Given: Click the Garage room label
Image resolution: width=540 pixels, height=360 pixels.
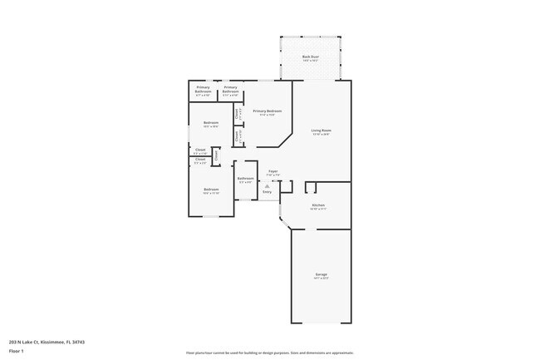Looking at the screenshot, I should click(x=321, y=274).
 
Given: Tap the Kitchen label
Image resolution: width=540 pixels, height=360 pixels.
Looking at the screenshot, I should click(x=317, y=205).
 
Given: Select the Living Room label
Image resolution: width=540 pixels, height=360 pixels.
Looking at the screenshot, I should click(x=321, y=131).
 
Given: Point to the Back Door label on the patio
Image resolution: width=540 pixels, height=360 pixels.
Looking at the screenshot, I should click(x=310, y=57).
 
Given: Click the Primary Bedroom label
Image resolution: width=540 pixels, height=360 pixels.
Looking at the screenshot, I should click(x=267, y=111).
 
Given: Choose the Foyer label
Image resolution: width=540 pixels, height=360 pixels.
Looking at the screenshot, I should click(x=272, y=171).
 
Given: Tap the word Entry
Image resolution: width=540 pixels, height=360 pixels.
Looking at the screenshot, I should click(x=267, y=191).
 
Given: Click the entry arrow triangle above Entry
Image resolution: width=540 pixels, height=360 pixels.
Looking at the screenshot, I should click(x=267, y=185).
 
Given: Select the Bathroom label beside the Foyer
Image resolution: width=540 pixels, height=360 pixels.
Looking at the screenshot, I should click(x=245, y=179).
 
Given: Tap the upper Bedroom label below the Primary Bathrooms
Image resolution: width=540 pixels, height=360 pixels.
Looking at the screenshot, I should click(x=210, y=123).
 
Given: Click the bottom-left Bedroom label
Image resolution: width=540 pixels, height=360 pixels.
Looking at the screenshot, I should click(x=211, y=190).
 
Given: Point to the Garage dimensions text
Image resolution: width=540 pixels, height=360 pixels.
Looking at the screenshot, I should click(x=321, y=279).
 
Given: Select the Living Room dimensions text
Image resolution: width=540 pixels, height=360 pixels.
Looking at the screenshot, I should click(x=321, y=135).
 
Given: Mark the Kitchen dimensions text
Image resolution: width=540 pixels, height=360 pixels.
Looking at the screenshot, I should click(x=317, y=210).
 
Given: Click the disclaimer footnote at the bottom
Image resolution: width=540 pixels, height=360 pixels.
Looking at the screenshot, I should click(x=270, y=353).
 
